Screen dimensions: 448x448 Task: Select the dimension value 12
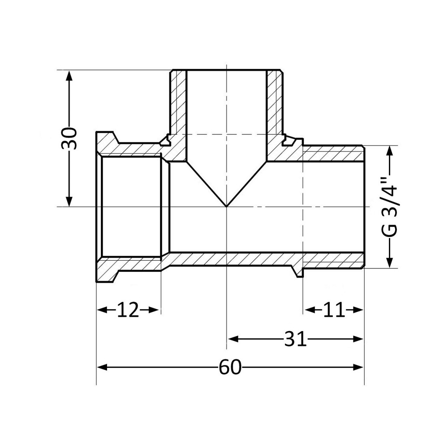128,310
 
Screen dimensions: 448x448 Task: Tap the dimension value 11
333,310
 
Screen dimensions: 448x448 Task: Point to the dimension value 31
295,339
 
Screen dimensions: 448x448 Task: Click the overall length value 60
230,367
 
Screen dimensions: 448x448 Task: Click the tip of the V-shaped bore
227,206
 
